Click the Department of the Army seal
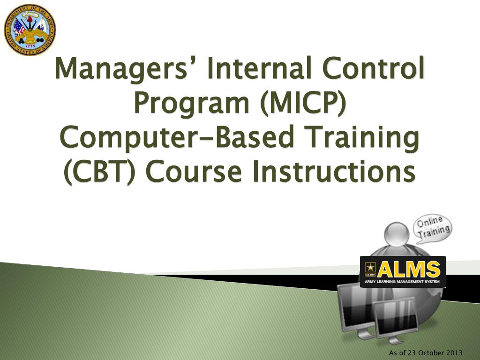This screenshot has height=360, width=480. click(30, 30)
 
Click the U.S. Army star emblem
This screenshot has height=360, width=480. click(370, 269)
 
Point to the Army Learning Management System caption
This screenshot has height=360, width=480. click(403, 282)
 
